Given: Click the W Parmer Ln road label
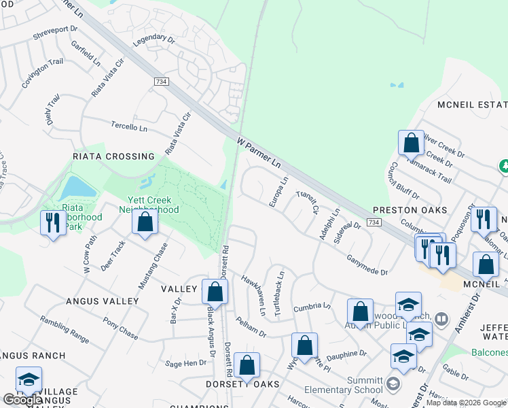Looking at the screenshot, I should [x=259, y=153].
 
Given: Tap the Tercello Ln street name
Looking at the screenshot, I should [x=129, y=126].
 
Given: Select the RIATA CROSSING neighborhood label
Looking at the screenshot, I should [x=113, y=156].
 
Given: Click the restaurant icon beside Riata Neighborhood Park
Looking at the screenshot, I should [x=53, y=222].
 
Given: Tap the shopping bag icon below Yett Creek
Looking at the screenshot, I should [x=145, y=222].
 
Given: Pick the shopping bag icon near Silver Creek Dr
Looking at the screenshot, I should [x=411, y=143].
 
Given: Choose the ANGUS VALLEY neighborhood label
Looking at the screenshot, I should [x=103, y=301].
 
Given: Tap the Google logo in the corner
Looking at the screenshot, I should [x=22, y=400].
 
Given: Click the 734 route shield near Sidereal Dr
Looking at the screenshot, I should [x=373, y=222].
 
